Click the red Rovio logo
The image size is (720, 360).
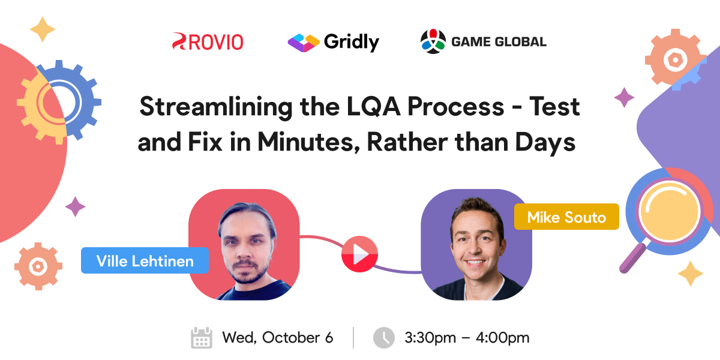tap(208, 41)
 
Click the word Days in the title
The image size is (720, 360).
tap(544, 143)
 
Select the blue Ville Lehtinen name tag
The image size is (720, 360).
tap(145, 260)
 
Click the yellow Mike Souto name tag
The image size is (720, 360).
tap(566, 217)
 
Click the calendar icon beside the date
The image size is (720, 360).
tap(202, 338)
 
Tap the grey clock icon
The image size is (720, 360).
tap(384, 338)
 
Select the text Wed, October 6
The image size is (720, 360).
tap(277, 338)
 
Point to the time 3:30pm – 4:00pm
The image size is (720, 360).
tap(467, 338)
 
